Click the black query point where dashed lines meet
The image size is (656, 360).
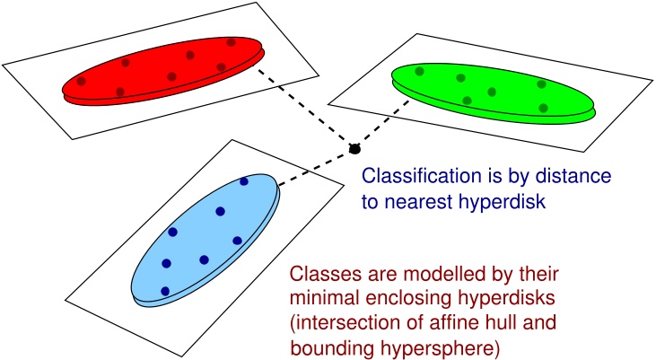click(354, 147)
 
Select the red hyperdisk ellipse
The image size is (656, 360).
click(162, 72)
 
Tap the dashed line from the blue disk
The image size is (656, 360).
click(314, 170)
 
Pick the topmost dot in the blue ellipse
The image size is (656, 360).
click(244, 181)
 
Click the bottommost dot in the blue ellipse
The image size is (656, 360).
click(165, 291)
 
